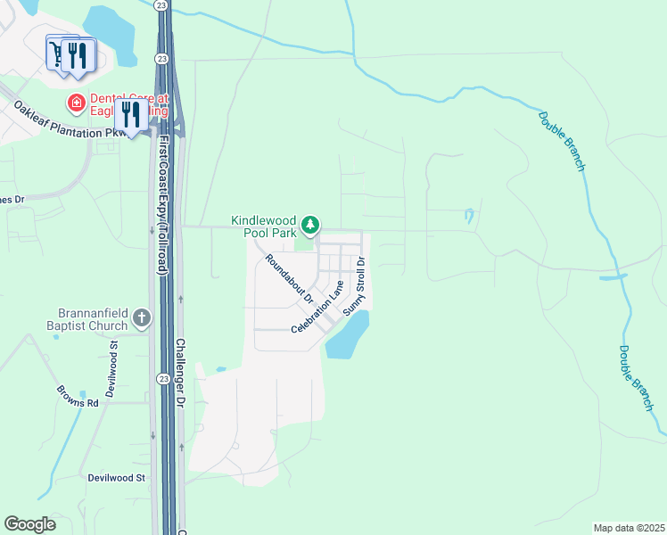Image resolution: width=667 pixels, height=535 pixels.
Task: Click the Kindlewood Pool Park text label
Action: pos(263,226)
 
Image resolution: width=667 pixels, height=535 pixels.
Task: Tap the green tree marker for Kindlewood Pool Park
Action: pos(310,225)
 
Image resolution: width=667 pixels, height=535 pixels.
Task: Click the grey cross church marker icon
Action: pos(141,317)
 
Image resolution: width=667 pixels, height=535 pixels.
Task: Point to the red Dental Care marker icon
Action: pos(77,104)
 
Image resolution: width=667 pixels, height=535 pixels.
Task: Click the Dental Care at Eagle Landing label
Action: pos(129,104)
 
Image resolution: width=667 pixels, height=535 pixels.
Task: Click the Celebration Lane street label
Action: pos(317,308)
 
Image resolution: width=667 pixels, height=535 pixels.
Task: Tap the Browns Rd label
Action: pos(77,397)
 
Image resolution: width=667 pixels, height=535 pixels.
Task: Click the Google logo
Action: pos(29,524)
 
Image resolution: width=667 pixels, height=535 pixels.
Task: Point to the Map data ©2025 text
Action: pos(629,528)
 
